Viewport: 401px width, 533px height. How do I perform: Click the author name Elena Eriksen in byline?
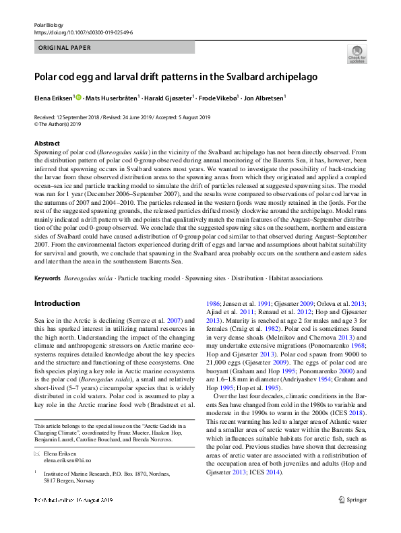click(x=54, y=98)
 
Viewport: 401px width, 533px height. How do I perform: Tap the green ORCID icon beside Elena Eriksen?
click(x=79, y=98)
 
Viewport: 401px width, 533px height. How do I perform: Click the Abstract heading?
click(x=47, y=144)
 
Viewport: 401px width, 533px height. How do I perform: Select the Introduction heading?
click(x=57, y=303)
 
